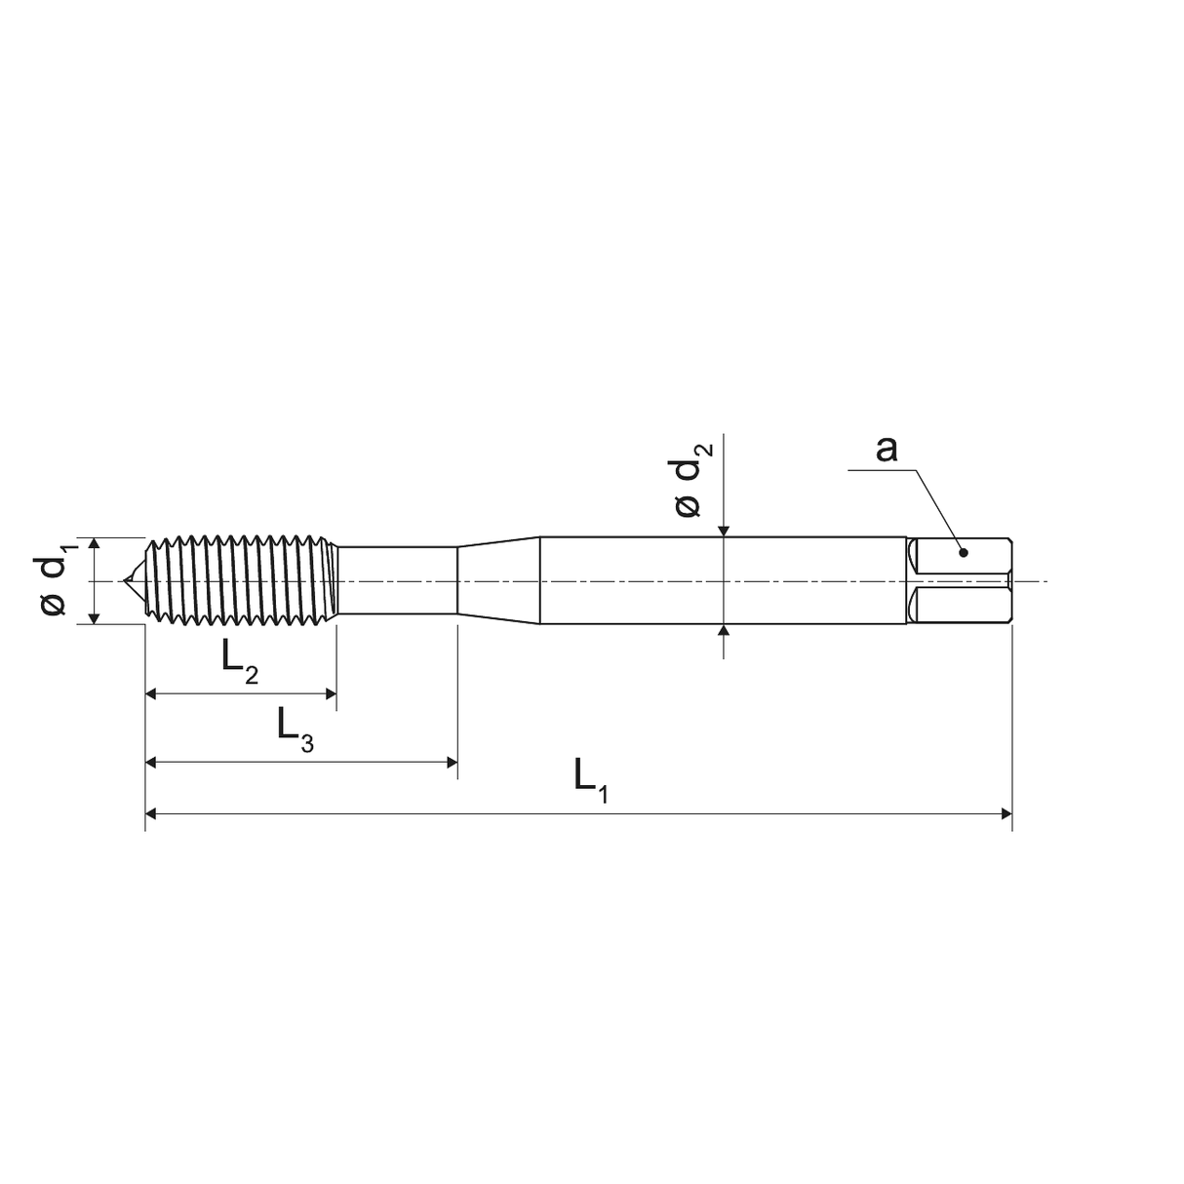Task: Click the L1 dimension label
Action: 591,780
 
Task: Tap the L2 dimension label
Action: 240,662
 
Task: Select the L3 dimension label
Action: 296,730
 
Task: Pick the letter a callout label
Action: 886,450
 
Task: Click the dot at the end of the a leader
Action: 964,553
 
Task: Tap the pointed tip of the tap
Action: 124,580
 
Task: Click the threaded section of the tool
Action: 241,580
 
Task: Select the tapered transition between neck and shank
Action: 498,580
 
